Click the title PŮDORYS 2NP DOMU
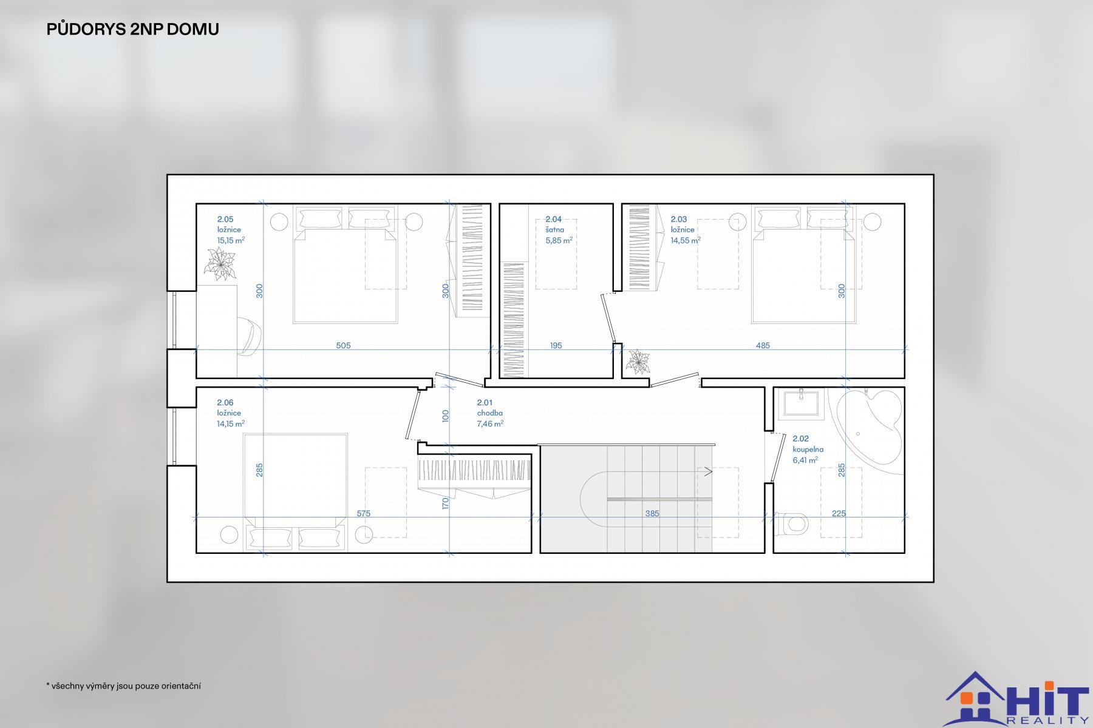click(x=132, y=29)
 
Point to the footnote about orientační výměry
click(x=123, y=686)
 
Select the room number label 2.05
click(x=225, y=220)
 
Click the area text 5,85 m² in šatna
click(x=559, y=240)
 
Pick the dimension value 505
click(x=343, y=346)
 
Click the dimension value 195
click(x=556, y=346)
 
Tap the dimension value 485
click(x=763, y=346)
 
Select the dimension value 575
click(x=363, y=514)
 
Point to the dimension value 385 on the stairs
click(x=652, y=514)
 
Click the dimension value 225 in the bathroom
click(x=839, y=514)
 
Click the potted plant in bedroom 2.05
click(x=220, y=265)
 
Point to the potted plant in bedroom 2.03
click(x=638, y=362)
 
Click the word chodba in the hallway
click(x=489, y=413)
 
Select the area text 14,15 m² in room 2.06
click(x=231, y=424)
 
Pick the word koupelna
click(x=808, y=450)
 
